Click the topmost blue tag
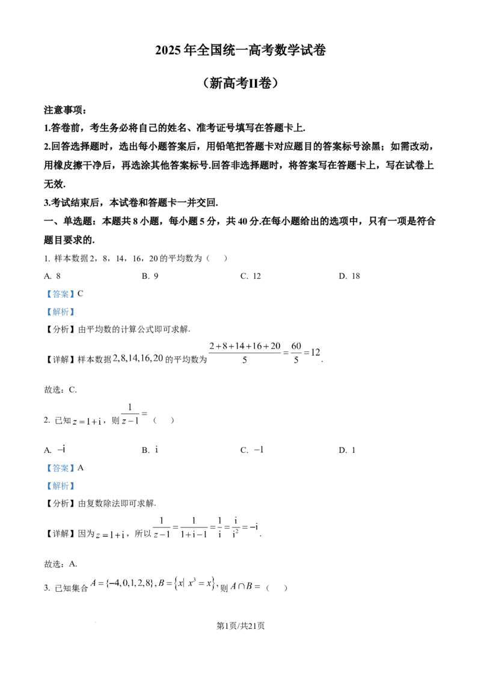pos(60,293)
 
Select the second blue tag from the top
pos(60,312)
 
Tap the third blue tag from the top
pos(60,468)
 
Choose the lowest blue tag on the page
pos(60,485)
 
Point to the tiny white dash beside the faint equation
pos(173,367)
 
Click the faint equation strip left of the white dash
pos(137,358)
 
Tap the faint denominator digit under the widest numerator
pos(245,362)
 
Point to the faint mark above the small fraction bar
pos(132,402)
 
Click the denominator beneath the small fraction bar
pos(134,424)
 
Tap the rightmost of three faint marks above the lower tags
pos(262,449)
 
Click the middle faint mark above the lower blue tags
pos(156,450)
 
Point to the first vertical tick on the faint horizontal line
pos(161,520)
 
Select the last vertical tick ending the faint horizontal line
pos(257,529)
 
